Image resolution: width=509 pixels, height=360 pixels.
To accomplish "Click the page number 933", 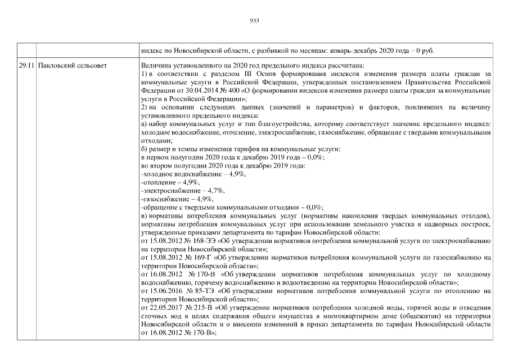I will pyautogui.click(x=254, y=21).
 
